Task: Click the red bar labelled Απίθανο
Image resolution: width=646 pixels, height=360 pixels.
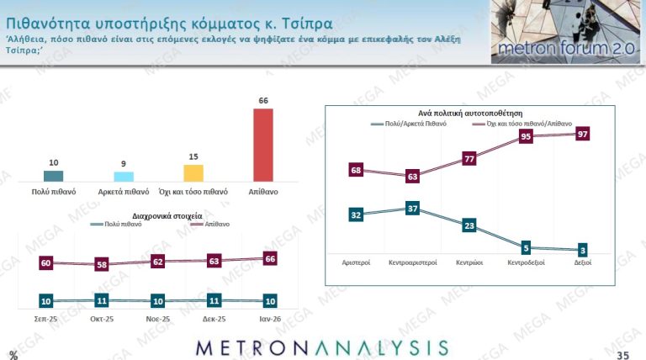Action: [x=263, y=145]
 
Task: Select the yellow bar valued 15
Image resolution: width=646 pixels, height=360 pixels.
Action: [x=193, y=172]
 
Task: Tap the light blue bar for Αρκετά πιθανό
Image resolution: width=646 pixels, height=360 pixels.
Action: [x=124, y=176]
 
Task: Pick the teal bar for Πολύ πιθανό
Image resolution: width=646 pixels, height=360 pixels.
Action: [x=53, y=176]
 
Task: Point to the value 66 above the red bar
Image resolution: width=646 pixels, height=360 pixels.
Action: [x=263, y=100]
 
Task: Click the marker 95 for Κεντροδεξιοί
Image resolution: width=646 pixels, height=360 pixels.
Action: [x=526, y=135]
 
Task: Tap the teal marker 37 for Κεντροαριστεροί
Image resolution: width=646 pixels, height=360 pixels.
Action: [x=412, y=208]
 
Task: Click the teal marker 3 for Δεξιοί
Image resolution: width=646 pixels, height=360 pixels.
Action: [x=582, y=250]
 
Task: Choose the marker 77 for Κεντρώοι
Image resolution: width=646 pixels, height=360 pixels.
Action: [x=469, y=158]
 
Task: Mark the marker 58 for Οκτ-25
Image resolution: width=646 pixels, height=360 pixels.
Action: [x=102, y=264]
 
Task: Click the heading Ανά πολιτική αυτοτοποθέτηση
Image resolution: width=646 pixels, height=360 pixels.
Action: [x=470, y=112]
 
